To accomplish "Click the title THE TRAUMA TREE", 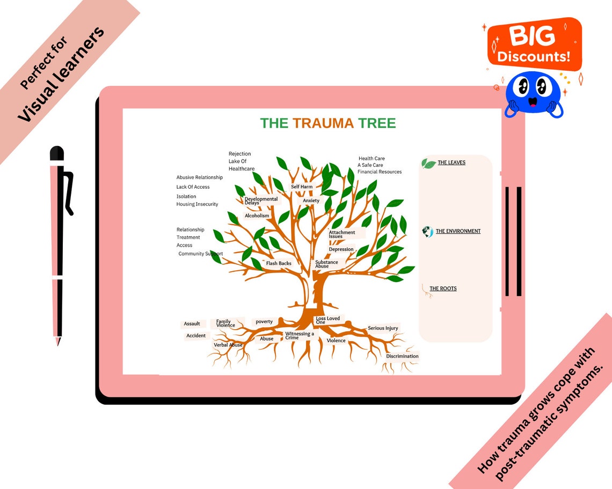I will pos(328,123).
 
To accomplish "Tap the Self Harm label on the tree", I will pos(302,187).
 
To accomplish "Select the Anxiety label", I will pos(311,201).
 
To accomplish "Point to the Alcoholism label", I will pos(257,216).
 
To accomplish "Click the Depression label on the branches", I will pos(341,249).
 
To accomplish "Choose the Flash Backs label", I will pos(279,263).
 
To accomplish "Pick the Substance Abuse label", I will pos(326,264).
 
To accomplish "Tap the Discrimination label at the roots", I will pos(402,357).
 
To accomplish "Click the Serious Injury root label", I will pos(383,328).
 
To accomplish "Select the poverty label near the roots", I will pos(264,322).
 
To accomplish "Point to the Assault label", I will pos(192,324).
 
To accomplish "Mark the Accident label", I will pos(196,336).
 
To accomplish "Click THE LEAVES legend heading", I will pos(451,162).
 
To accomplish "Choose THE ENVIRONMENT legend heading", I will pos(458,231).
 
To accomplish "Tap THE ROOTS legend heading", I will pos(443,288).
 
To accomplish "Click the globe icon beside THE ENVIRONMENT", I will pos(427,232).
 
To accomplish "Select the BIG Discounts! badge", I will pos(534,45).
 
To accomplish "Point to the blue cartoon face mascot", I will pos(534,93).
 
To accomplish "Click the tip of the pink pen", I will pos(57,342).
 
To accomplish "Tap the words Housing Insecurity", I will pos(197,204).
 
